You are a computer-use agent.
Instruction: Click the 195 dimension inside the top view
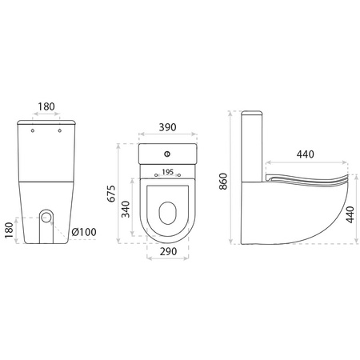coord(167,172)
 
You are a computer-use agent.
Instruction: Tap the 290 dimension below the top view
coord(167,252)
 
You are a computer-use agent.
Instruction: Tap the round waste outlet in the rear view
coord(48,217)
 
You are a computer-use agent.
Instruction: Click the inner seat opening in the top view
coord(168,211)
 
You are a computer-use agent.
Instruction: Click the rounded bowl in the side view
coord(304,212)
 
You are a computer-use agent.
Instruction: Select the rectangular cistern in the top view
coord(168,157)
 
